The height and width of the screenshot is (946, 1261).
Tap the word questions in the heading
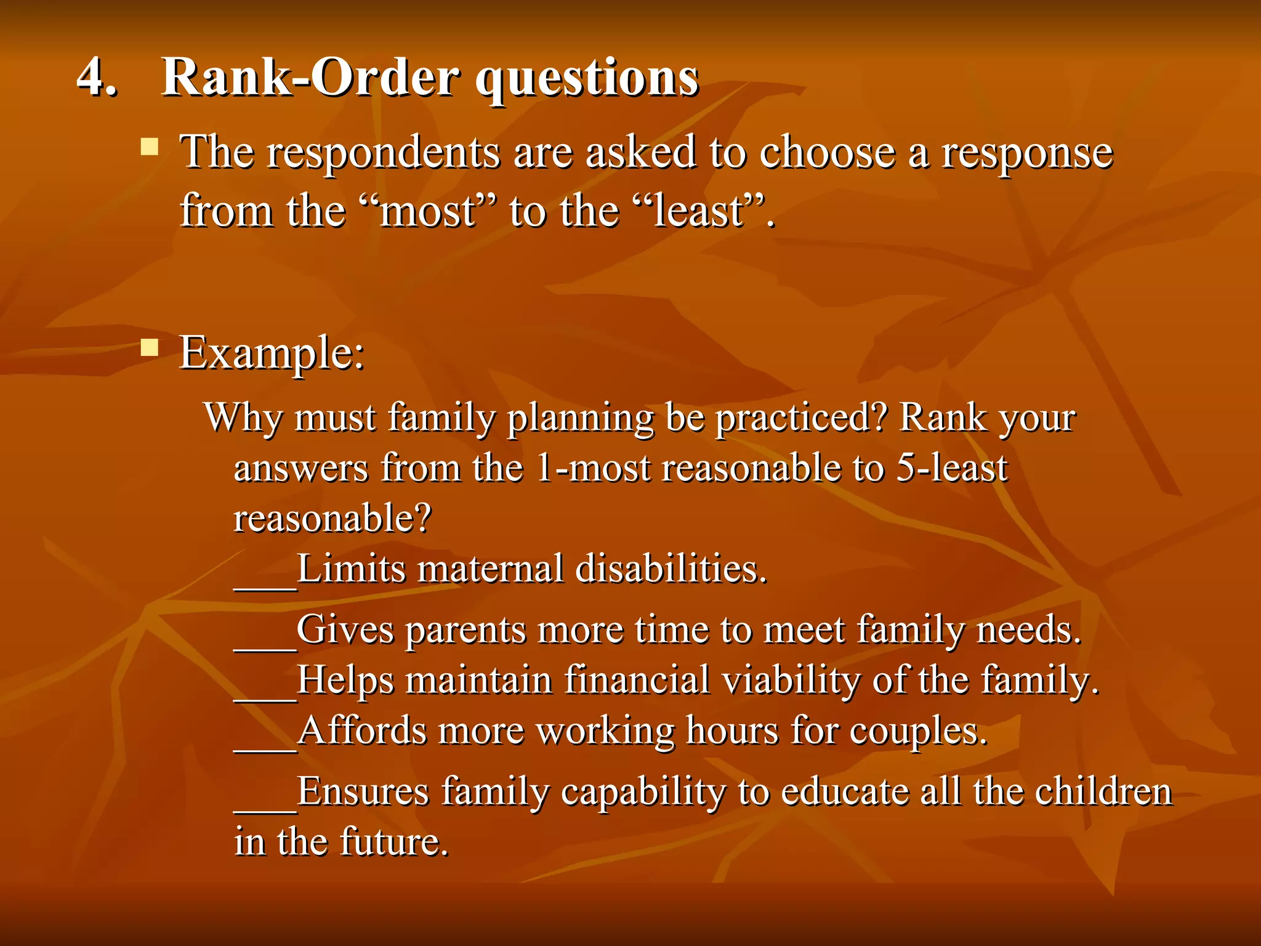point(587,80)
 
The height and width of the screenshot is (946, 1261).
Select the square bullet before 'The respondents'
point(149,147)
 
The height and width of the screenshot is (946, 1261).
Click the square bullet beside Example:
point(149,348)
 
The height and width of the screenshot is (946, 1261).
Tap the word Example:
point(272,354)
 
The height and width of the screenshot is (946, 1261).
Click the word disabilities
point(671,569)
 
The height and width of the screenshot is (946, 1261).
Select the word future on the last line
point(393,843)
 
